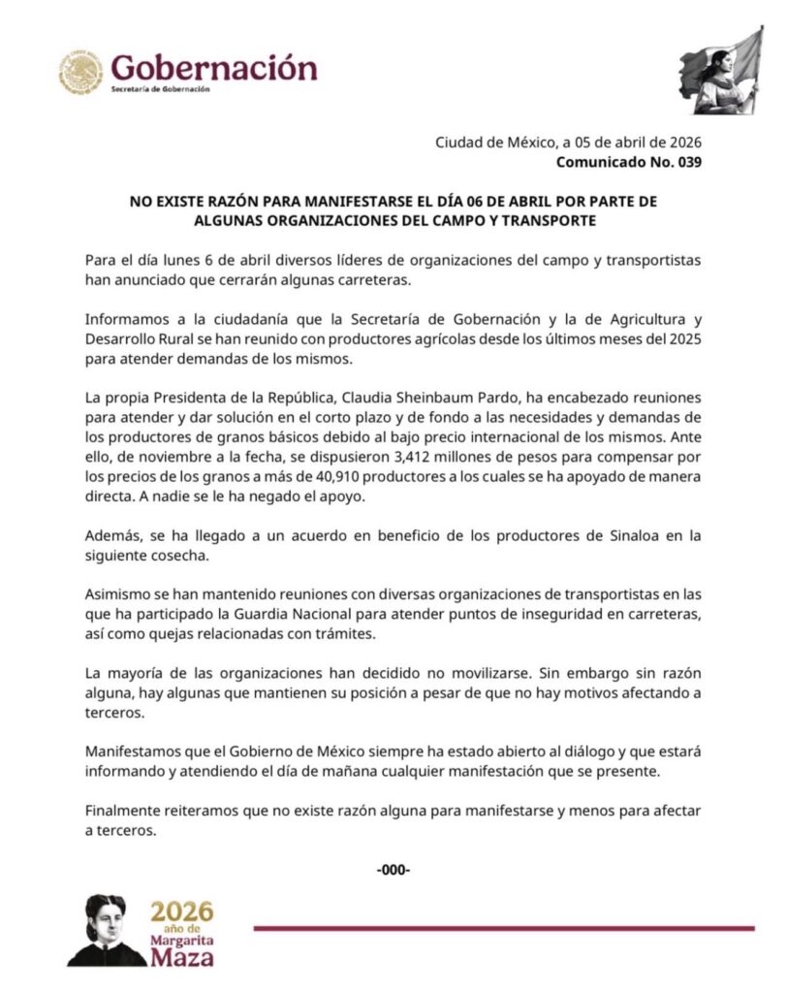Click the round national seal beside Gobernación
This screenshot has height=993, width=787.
[x=81, y=72]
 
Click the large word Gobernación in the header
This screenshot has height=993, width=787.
[x=213, y=68]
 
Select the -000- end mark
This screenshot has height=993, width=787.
[x=393, y=869]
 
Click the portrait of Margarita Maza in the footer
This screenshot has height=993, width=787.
[x=105, y=929]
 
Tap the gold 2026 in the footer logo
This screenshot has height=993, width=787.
[x=181, y=912]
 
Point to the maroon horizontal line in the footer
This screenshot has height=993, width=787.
[x=504, y=928]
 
